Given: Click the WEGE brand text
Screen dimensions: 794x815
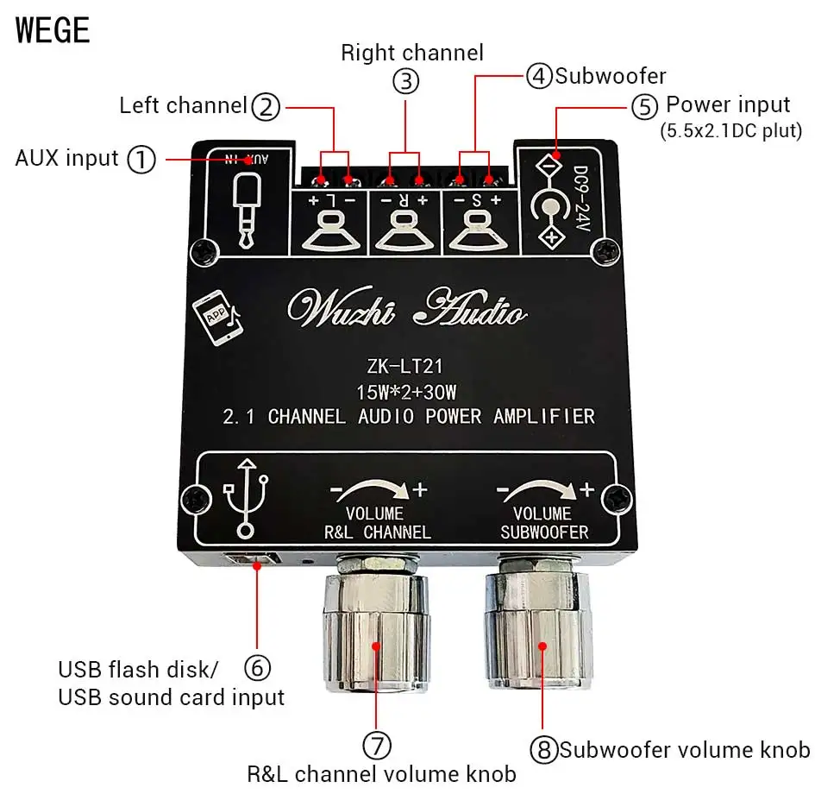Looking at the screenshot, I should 53,30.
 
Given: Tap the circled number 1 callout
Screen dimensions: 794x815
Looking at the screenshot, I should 141,159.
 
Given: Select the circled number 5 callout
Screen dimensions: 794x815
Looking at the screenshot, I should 644,107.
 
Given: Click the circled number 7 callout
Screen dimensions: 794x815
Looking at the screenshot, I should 377,744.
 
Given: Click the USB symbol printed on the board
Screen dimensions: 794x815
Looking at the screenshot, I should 247,498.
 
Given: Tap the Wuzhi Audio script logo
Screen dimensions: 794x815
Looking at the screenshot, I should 406,309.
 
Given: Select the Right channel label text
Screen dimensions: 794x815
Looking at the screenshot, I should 411,53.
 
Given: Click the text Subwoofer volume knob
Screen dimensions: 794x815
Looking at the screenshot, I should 685,749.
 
